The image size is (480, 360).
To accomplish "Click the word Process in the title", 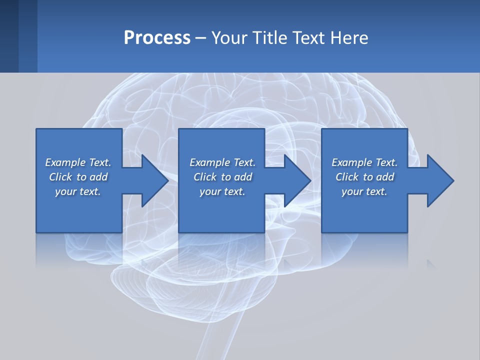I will click(157, 38).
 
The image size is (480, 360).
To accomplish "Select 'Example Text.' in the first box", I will click(78, 162).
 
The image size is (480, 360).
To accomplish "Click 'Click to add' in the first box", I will click(78, 177).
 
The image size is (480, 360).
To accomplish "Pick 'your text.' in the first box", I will click(78, 191).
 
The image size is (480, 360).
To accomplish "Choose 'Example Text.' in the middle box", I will click(222, 162).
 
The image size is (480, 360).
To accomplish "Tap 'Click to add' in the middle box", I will click(222, 177).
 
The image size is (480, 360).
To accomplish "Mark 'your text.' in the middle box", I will click(222, 191).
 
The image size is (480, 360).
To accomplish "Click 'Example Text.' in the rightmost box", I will click(364, 162).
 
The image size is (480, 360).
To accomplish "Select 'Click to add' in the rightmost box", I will click(364, 177).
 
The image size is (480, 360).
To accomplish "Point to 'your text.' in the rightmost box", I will click(364, 191).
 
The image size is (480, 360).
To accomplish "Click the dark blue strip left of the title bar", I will click(9, 36).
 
